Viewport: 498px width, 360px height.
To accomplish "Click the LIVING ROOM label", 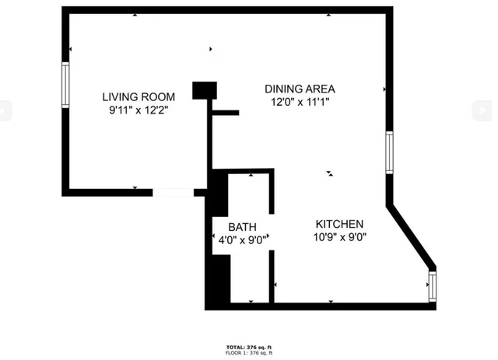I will click(x=139, y=97).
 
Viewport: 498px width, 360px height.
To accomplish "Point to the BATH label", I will click(x=242, y=227).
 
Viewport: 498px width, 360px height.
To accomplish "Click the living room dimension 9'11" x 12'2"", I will click(x=139, y=110).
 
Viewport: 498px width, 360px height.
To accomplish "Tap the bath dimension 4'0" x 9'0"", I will click(x=243, y=240).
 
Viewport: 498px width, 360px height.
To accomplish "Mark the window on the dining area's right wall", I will click(x=389, y=151).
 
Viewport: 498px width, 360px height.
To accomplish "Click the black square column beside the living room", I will click(x=204, y=89).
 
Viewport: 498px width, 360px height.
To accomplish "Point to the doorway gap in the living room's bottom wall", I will click(x=172, y=191).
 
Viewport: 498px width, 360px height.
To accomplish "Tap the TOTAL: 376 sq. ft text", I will click(x=249, y=347).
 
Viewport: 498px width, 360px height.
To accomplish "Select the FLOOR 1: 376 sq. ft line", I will click(x=249, y=353).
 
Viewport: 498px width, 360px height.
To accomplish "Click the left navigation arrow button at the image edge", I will click(x=5, y=111).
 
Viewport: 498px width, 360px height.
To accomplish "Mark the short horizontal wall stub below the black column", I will click(x=225, y=113).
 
